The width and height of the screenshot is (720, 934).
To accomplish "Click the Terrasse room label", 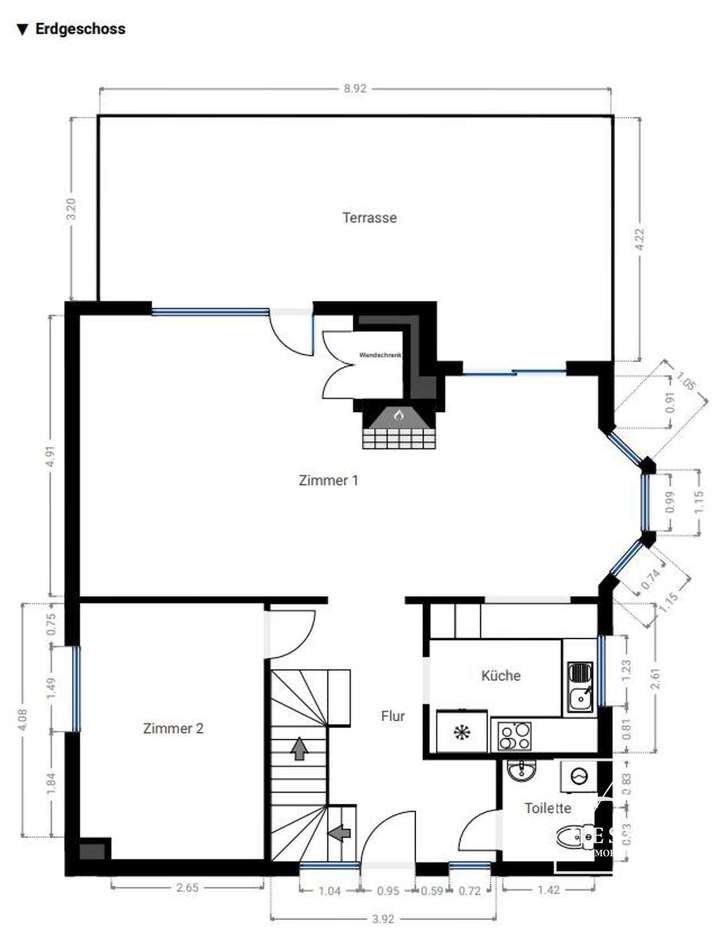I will click(369, 217).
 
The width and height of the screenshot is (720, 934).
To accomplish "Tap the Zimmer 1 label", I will click(328, 480).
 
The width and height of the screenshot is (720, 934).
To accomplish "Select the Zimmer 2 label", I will click(173, 729).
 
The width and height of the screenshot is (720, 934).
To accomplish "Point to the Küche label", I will click(501, 675).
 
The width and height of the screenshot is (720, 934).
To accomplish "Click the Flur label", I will click(393, 716).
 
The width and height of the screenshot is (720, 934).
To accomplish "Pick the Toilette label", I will click(547, 808).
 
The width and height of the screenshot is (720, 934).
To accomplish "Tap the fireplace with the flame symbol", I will click(398, 426).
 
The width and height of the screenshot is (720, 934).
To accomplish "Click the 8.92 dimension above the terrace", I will click(355, 89).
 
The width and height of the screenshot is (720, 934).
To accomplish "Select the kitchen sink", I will click(579, 687).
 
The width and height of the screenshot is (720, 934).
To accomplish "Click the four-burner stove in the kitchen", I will click(516, 736).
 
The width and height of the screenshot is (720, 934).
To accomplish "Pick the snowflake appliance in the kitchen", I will click(461, 733).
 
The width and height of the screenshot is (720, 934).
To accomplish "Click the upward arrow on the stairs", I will click(298, 747).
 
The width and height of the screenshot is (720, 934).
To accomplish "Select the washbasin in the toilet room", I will click(518, 772).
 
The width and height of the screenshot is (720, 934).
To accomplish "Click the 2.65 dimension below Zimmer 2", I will click(186, 885).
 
